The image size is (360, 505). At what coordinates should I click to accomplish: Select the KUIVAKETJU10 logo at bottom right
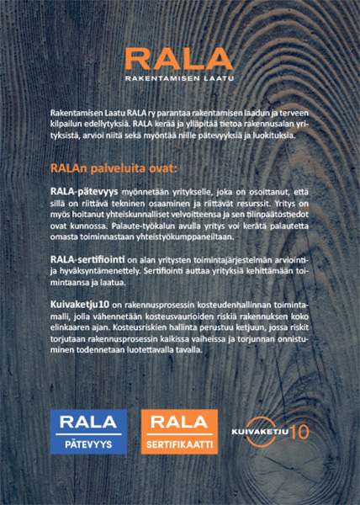pyautogui.click(x=271, y=430)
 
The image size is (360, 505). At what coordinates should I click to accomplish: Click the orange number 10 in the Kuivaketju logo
pyautogui.click(x=299, y=432)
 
